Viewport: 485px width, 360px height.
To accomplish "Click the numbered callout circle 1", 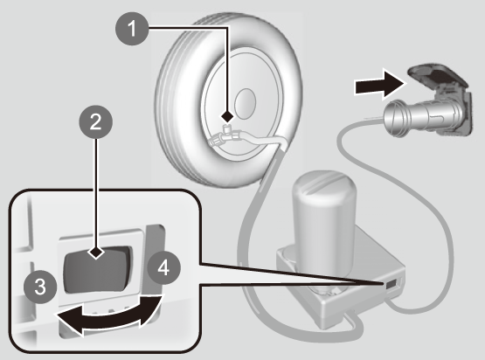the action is tap(132, 29).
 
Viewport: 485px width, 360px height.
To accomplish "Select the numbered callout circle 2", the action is tap(96, 121).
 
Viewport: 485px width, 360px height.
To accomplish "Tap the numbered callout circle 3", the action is tap(40, 287).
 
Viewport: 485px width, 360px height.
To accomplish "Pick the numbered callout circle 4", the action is tap(163, 268).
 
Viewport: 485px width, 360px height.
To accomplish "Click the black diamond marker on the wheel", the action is tap(227, 116).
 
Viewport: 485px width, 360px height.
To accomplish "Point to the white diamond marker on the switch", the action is tap(96, 253).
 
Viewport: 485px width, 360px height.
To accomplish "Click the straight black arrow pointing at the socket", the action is tap(379, 84).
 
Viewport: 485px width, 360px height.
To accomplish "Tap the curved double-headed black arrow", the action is tap(109, 315).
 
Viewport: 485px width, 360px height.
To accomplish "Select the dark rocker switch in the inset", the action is tap(96, 270).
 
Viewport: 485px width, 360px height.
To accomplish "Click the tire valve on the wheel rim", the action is tap(227, 128).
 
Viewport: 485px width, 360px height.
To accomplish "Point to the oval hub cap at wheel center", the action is tap(246, 104).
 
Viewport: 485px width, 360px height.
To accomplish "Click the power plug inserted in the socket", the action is tap(424, 118).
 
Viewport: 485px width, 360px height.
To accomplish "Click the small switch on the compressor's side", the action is tap(391, 284).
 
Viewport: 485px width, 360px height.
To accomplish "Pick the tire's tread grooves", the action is tap(170, 93).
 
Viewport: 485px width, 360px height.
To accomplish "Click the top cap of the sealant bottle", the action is tap(324, 184).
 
